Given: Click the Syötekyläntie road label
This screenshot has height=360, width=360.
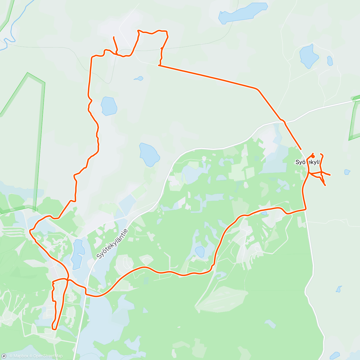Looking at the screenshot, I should coord(112,244).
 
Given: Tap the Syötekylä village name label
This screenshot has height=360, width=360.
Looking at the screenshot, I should coord(308,162).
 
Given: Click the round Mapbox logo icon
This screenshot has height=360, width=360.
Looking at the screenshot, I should coord(4,356).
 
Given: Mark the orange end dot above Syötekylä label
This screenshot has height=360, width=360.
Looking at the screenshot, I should coord(313,156).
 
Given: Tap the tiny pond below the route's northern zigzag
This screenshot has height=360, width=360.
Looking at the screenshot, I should coord(139,79).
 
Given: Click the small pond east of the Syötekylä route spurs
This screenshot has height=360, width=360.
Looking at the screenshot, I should coord(347,172).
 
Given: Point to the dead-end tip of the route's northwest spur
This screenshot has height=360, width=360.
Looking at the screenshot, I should coord(113,37).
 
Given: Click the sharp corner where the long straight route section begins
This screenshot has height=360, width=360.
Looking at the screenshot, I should coord(159,65).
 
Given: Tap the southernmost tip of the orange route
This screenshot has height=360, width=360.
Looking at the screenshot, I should coord(54,329).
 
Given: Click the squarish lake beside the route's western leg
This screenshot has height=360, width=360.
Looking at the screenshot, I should coord(109,106).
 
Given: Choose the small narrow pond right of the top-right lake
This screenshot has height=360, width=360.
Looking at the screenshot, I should coord(330,61).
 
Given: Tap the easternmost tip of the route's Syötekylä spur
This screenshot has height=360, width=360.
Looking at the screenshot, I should coord(330,175).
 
